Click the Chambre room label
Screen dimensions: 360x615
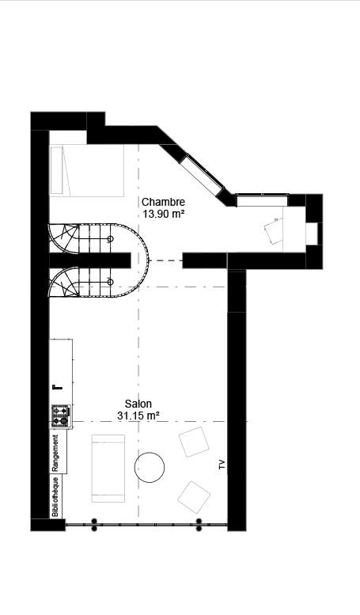click(x=163, y=202)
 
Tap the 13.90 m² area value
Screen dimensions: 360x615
click(x=164, y=214)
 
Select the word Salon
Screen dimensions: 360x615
click(x=138, y=404)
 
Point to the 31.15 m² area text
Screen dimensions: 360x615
click(x=138, y=416)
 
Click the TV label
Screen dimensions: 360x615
click(x=222, y=465)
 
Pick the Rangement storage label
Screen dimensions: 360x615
click(x=55, y=453)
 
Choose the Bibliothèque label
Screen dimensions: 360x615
click(x=55, y=496)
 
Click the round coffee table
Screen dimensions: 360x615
click(x=150, y=468)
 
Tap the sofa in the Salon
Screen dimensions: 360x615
click(x=108, y=469)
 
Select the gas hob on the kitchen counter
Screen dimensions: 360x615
click(x=61, y=416)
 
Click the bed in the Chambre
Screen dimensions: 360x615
click(x=87, y=170)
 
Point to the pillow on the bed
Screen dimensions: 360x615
click(x=56, y=170)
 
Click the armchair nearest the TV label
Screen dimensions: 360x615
click(x=194, y=442)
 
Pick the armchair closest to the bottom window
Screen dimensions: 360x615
click(x=194, y=497)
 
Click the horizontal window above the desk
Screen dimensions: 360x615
click(x=263, y=200)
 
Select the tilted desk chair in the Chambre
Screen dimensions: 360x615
click(x=274, y=231)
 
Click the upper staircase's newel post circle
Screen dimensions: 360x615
click(x=111, y=239)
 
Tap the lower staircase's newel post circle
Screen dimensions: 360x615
click(x=111, y=282)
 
